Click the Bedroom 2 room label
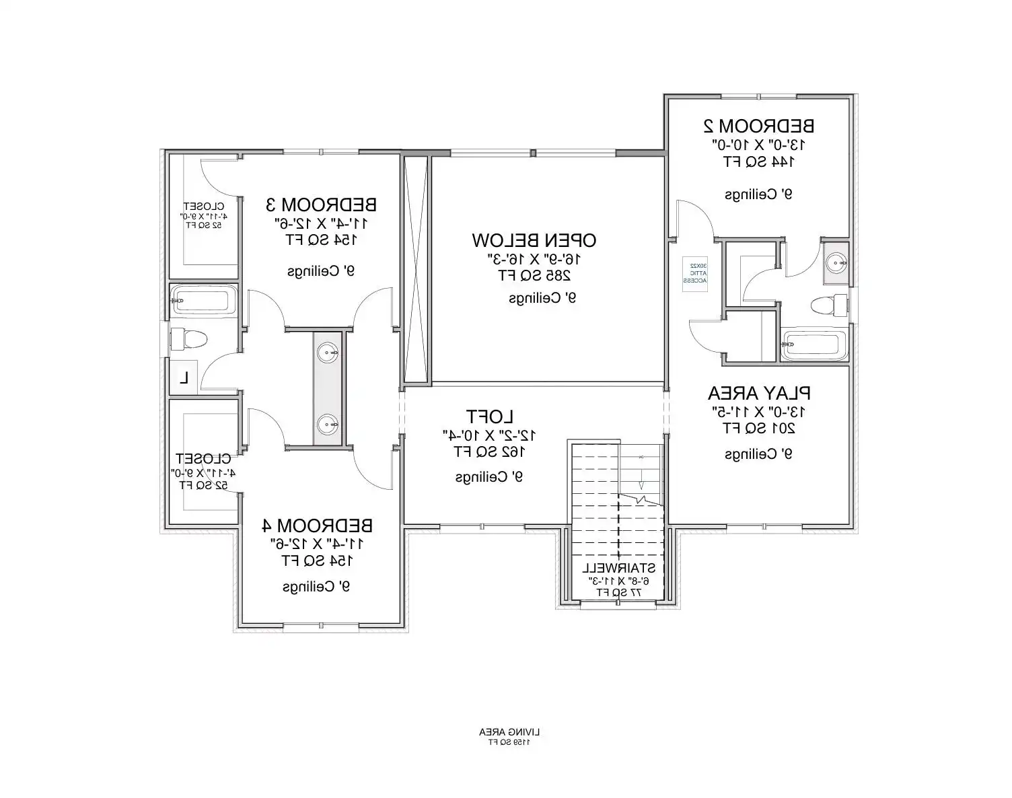click(x=758, y=126)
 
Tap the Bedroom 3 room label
click(x=321, y=204)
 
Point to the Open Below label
click(x=534, y=240)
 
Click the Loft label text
click(x=490, y=416)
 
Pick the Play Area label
click(x=758, y=393)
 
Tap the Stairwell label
click(x=618, y=568)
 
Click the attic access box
click(x=696, y=275)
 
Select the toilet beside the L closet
click(x=188, y=338)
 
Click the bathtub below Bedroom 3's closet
click(x=203, y=299)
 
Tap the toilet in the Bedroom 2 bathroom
click(x=829, y=305)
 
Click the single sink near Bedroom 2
click(x=836, y=262)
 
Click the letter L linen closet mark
click(x=183, y=378)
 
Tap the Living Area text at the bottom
click(x=509, y=731)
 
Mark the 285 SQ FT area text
click(x=534, y=275)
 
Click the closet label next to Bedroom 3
click(x=203, y=206)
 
